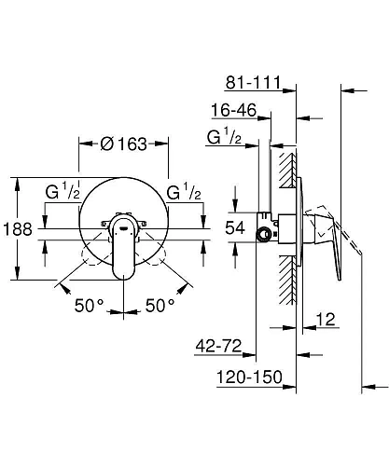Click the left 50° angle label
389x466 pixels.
[x=91, y=306]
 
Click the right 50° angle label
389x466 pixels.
[x=160, y=306]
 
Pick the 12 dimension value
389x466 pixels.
[x=325, y=320]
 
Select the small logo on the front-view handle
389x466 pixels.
[x=122, y=225]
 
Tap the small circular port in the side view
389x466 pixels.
[x=265, y=231]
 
